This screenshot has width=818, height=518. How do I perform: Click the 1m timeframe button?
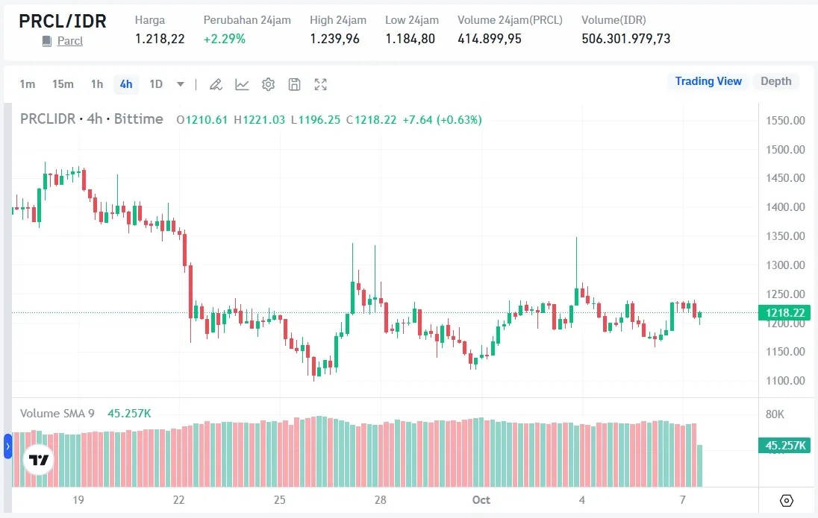coord(28,84)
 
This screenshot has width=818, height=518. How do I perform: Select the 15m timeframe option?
coord(63,84)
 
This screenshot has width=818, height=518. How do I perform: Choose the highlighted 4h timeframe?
coord(126,84)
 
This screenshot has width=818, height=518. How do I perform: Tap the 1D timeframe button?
coord(156,84)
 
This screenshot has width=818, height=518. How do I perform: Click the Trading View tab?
coord(708,81)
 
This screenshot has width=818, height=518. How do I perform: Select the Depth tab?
coord(775,81)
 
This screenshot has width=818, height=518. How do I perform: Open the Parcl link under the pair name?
coord(70,41)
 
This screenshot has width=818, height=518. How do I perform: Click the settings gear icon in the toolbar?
coord(268,84)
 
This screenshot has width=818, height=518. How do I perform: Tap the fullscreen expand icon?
coord(320,84)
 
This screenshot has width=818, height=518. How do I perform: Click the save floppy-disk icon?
coord(294,84)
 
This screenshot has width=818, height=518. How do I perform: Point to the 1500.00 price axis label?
coord(786,149)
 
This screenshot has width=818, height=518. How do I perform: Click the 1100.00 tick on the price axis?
coord(786,381)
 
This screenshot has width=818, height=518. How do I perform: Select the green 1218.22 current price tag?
coord(784,313)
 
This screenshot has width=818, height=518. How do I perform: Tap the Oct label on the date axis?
coord(481,499)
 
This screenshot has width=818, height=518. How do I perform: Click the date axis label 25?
coord(279,499)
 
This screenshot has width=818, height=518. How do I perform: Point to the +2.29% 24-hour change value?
coord(224,39)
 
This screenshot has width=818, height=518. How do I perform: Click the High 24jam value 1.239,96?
coord(334,39)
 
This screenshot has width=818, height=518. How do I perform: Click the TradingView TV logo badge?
coord(39,460)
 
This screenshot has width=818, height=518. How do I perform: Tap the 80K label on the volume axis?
coord(775,414)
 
